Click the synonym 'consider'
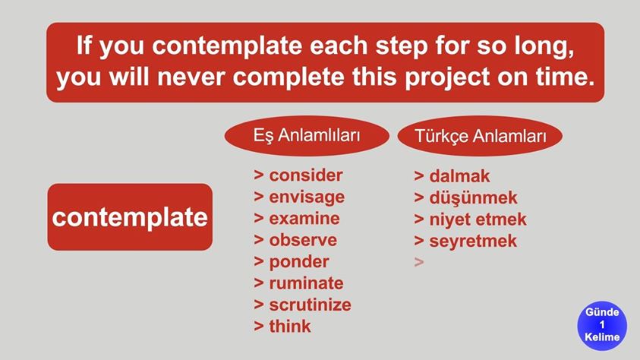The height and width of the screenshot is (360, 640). [306, 175]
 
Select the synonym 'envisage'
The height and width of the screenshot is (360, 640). [307, 197]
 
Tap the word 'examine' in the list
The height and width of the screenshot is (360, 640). [304, 219]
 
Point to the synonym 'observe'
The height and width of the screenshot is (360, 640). [303, 240]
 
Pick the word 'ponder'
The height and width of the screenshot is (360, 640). [299, 262]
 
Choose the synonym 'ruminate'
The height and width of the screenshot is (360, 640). [306, 283]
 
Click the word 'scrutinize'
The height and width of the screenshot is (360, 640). [311, 305]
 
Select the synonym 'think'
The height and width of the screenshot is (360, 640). [290, 326]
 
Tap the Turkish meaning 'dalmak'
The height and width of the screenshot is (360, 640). [459, 176]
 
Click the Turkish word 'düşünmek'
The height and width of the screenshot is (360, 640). [473, 198]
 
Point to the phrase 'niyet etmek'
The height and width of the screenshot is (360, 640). [478, 219]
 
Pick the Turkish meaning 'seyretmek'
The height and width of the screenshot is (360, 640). [473, 241]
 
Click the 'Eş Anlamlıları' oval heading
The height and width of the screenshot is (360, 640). [307, 135]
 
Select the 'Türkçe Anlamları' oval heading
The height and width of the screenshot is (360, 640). [480, 136]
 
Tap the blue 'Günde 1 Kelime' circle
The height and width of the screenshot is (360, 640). [602, 325]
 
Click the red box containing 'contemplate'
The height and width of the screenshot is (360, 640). [130, 216]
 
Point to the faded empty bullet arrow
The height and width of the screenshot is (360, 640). [419, 262]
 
